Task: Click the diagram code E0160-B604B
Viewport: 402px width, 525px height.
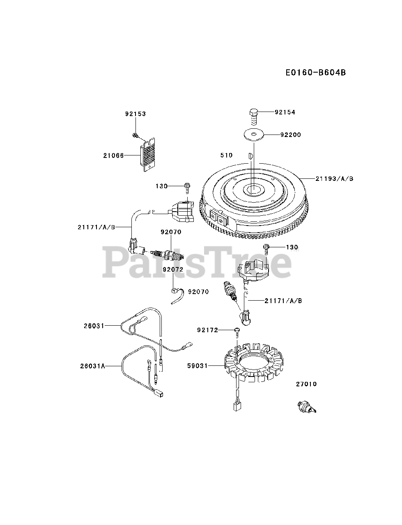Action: tap(316, 73)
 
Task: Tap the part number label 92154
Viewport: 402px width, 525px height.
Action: tap(285, 112)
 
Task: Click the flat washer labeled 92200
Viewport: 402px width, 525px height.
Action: tap(253, 135)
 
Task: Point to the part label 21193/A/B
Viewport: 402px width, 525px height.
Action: tap(335, 178)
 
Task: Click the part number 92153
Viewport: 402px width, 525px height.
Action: tap(136, 114)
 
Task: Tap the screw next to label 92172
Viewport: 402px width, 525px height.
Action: tap(237, 331)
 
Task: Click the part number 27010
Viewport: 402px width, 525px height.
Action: tap(306, 384)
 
